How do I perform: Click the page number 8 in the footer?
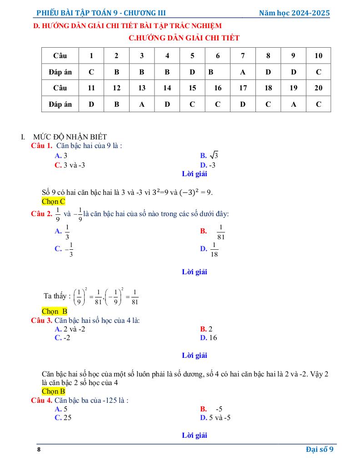pyautogui.click(x=39, y=450)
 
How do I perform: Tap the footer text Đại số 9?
pyautogui.click(x=320, y=450)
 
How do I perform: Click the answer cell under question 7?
pyautogui.click(x=243, y=72)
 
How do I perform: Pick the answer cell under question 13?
pyautogui.click(x=142, y=104)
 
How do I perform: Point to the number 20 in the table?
pyautogui.click(x=318, y=88)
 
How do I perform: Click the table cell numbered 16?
pyautogui.click(x=218, y=88)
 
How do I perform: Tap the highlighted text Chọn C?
pyautogui.click(x=53, y=201)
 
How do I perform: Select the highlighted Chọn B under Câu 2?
pyautogui.click(x=55, y=312)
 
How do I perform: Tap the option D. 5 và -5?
pyautogui.click(x=215, y=418)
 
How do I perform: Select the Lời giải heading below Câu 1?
pyautogui.click(x=195, y=174)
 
